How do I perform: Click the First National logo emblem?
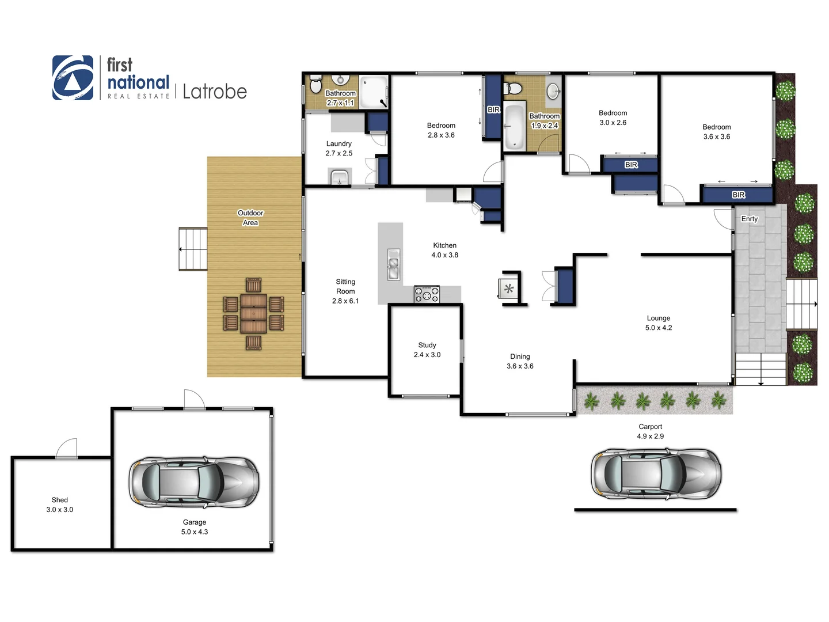coord(73,78)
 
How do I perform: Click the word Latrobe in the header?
coord(214,92)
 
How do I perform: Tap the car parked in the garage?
coord(194,482)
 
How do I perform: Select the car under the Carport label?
coord(656,474)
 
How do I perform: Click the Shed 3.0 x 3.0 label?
coord(60,505)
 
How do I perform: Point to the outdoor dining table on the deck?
coord(253,314)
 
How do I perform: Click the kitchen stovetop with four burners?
coord(427,294)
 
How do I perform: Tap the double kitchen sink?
coord(394,264)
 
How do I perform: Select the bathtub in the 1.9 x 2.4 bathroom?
coord(514,126)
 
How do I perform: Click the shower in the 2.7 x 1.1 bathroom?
coord(374,92)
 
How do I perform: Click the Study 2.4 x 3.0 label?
coord(427,350)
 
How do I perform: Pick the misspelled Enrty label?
coord(749,219)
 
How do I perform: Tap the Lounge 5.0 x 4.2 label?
coord(659,323)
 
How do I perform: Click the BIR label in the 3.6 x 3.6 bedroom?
coord(739,195)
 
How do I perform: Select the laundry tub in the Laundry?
coord(339,177)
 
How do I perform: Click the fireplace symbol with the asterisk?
coord(508,289)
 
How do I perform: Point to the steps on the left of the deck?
coord(193,249)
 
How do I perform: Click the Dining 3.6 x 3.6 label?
coord(520,361)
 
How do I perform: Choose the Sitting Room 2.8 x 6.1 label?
coord(345,291)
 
